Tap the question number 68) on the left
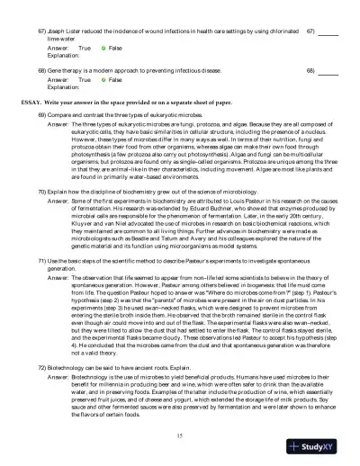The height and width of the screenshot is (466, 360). tap(41, 68)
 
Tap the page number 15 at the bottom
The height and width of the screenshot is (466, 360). tap(180, 435)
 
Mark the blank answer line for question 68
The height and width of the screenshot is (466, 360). tap(328, 69)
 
